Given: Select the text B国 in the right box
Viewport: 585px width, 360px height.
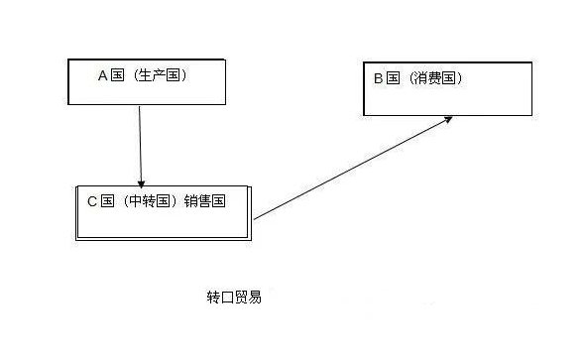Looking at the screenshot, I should click(387, 77).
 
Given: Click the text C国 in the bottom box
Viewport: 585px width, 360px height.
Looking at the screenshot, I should click(100, 201).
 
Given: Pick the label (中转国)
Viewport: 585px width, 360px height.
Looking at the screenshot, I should click(151, 201).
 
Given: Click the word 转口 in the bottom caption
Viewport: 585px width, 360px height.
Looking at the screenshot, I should click(220, 297).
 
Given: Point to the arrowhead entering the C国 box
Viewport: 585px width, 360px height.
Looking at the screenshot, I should click(142, 181).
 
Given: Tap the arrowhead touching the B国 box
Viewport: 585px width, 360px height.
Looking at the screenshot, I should click(447, 119).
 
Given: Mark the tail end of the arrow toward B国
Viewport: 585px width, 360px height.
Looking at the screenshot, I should click(256, 218).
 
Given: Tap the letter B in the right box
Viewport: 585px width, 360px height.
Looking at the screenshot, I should click(378, 77).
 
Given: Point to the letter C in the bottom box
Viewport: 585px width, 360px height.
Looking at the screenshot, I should click(91, 201).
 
